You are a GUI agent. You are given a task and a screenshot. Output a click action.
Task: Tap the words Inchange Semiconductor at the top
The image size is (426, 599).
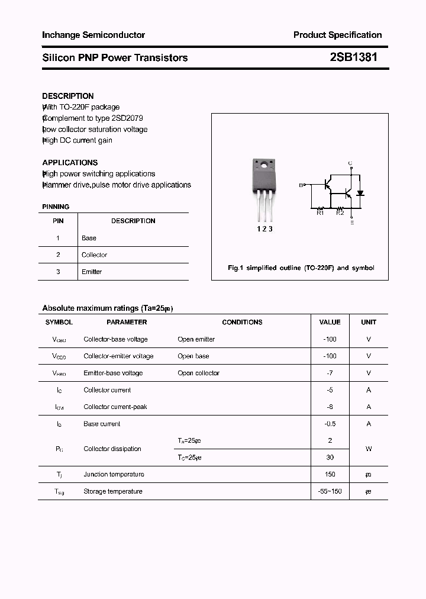point(93,35)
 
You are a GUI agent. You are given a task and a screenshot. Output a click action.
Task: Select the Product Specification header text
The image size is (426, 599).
point(337,35)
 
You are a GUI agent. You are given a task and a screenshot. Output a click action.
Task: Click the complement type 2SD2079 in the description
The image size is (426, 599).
point(127,118)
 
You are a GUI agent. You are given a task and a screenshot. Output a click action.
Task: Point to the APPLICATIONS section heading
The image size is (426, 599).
point(70,162)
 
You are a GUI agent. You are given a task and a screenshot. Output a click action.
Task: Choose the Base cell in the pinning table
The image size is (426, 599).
point(89,238)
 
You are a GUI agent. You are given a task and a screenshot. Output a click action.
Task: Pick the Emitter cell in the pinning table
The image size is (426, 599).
point(92,272)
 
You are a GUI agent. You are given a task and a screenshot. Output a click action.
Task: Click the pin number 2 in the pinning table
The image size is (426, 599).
point(58,255)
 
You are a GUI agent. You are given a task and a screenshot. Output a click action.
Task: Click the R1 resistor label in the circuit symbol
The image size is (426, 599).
point(320,213)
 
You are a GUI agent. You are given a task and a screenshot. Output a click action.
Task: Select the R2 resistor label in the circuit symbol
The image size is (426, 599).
point(340,213)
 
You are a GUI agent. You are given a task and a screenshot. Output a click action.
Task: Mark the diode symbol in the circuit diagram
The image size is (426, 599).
point(360,193)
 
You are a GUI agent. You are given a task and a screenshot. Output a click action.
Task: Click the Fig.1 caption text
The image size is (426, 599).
point(301,268)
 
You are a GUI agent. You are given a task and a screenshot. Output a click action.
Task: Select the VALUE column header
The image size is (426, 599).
point(330,322)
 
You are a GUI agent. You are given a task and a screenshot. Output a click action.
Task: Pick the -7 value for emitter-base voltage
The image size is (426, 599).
point(330,373)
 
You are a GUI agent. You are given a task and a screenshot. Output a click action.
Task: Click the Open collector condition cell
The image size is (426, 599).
point(198,373)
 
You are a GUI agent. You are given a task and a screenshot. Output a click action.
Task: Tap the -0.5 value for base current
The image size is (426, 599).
point(330,424)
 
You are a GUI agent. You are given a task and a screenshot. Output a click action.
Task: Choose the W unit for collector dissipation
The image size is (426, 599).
point(368,449)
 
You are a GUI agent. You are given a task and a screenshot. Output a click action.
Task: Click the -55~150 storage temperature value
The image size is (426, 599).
point(330,491)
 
